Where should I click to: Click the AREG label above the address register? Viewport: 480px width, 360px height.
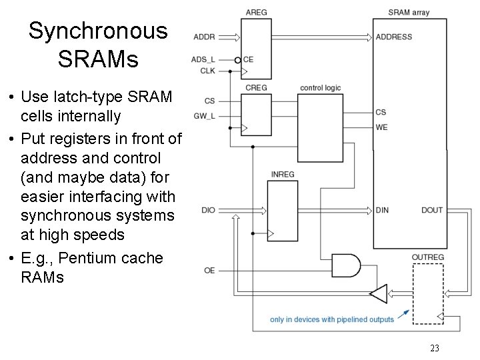[256, 12]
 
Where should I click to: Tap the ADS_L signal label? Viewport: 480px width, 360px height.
[203, 59]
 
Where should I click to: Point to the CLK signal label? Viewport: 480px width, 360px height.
[207, 69]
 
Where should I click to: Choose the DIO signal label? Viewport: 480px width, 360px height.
[208, 211]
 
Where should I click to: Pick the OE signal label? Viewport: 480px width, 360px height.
[209, 270]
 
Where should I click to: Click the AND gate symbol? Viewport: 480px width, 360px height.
[345, 265]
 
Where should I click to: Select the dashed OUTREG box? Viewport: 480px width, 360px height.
[427, 293]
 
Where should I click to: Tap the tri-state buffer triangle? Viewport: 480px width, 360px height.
[378, 293]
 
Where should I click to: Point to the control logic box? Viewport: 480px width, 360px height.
[321, 126]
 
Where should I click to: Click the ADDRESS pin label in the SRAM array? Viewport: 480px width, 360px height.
[393, 37]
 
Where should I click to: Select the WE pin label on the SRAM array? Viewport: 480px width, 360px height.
[381, 127]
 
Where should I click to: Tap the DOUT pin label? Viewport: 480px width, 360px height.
[431, 211]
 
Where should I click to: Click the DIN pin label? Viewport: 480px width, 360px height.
[382, 211]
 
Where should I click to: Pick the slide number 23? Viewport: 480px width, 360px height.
[435, 348]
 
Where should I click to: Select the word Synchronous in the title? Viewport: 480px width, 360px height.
[98, 31]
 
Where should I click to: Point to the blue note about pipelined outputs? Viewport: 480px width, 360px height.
[332, 319]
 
